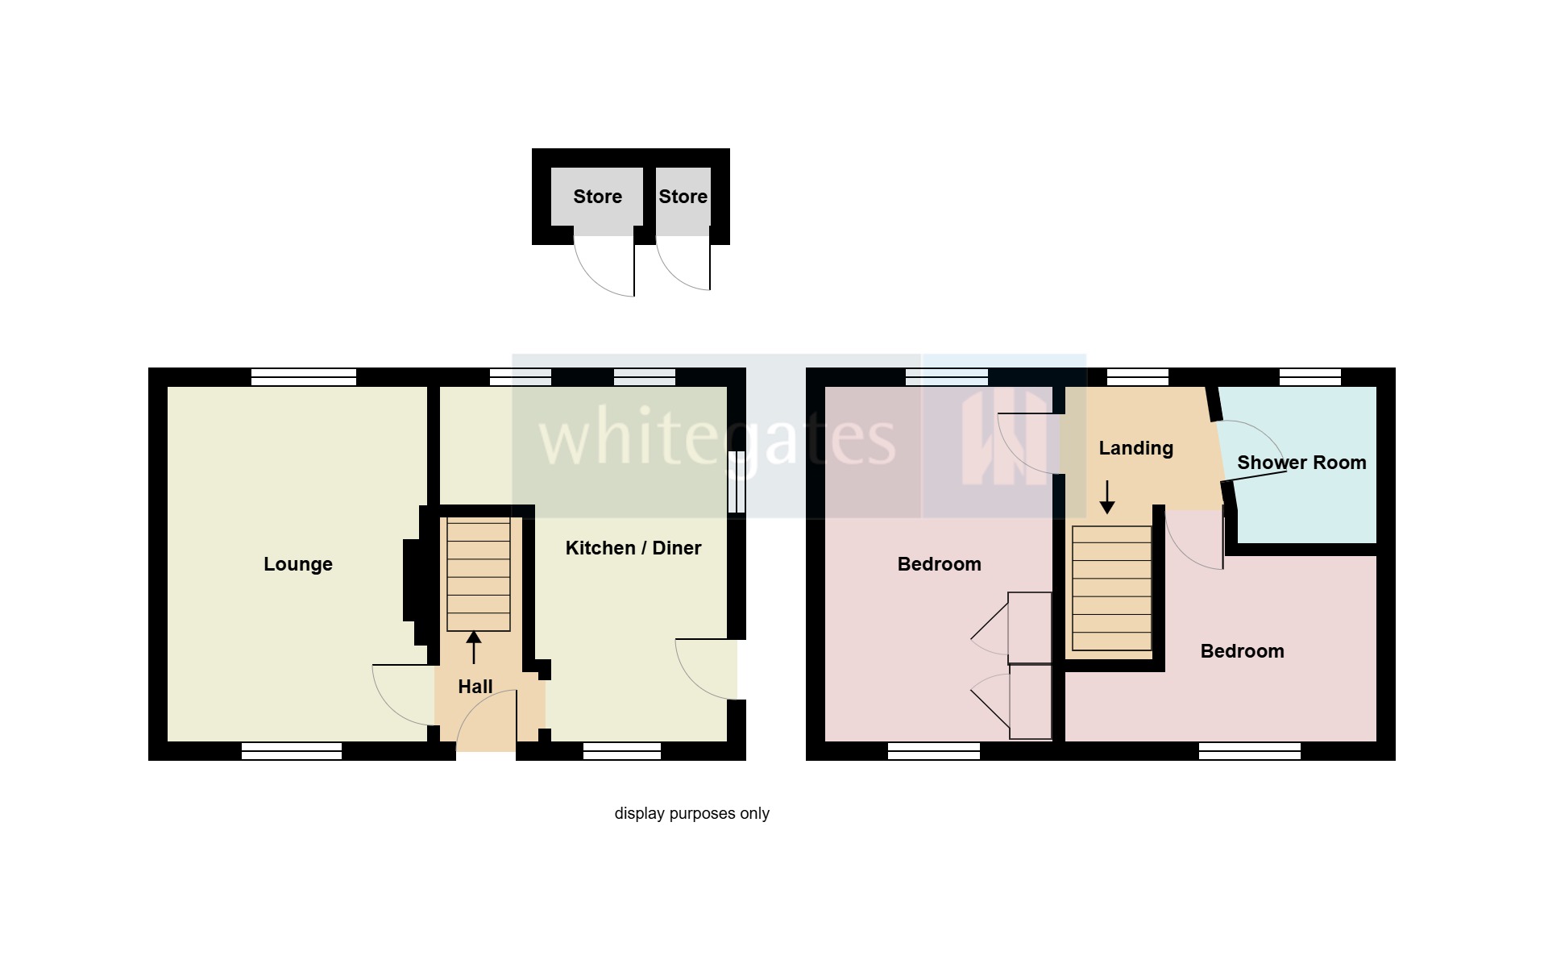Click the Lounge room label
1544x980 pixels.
[297, 564]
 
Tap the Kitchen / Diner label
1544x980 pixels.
[633, 548]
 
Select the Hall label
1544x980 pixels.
[475, 687]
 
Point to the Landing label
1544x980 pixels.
[1135, 448]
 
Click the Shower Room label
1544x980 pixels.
[1301, 463]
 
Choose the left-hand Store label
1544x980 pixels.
[597, 197]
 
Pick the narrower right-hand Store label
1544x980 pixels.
[683, 197]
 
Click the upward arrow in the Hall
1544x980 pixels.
[474, 647]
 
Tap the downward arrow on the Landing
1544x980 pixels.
[1107, 496]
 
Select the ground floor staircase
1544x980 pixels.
[479, 574]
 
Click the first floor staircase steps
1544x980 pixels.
[1111, 588]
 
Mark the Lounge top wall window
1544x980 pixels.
[303, 376]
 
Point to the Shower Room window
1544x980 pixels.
[1309, 376]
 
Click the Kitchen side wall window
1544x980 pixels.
[737, 481]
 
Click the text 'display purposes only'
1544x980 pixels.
[691, 813]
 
